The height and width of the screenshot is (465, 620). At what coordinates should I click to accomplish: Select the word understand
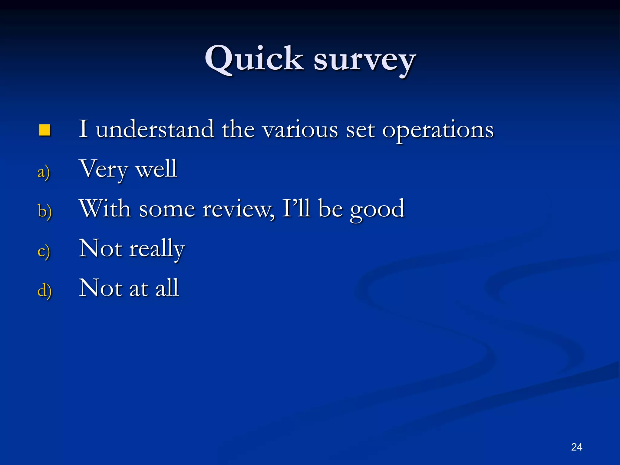155,129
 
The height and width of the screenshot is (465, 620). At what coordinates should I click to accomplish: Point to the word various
300,130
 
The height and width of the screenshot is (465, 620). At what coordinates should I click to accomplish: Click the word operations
438,130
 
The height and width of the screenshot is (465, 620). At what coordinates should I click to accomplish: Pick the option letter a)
44,172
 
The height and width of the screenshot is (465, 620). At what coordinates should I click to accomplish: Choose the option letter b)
45,211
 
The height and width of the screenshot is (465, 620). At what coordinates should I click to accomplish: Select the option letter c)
44,251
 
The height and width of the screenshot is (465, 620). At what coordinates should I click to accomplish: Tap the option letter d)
45,291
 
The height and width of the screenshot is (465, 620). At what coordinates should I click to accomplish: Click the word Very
104,170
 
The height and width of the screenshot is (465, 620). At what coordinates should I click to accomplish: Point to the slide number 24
576,447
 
